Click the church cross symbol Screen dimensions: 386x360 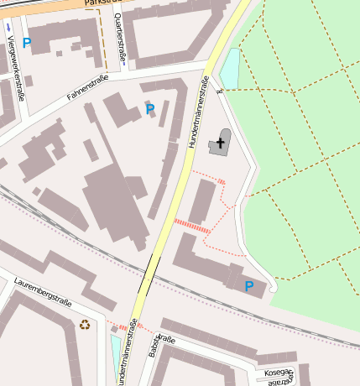point(222,143)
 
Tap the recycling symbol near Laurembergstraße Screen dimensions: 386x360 point(84,324)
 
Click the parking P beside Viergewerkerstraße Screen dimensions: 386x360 point(27,43)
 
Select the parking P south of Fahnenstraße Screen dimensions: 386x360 point(150,108)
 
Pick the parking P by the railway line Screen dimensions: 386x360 point(248,286)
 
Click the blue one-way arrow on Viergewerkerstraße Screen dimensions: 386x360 point(8,27)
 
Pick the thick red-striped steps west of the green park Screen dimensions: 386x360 point(192,224)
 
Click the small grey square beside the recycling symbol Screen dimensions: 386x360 point(112,327)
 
